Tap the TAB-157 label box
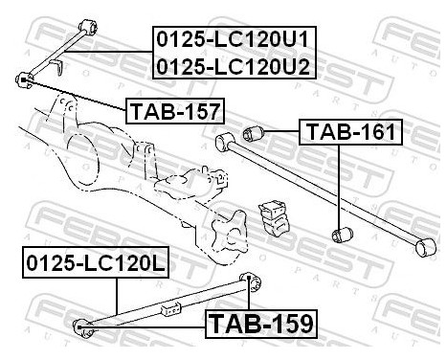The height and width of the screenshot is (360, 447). [174, 112]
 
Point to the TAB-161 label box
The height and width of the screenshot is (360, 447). [350, 132]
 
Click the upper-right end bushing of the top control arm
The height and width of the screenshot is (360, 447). [88, 22]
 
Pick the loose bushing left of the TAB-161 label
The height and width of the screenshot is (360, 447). [255, 132]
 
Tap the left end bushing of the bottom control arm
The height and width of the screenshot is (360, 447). [83, 326]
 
